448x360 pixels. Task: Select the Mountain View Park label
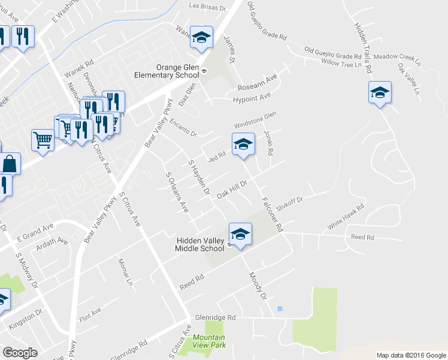click(x=209, y=341)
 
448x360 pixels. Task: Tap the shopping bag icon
click(x=10, y=163)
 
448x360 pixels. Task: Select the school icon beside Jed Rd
click(x=243, y=145)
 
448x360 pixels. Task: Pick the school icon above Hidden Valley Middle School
click(x=240, y=234)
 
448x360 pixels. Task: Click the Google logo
click(x=20, y=353)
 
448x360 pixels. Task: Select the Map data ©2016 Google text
click(x=411, y=355)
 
